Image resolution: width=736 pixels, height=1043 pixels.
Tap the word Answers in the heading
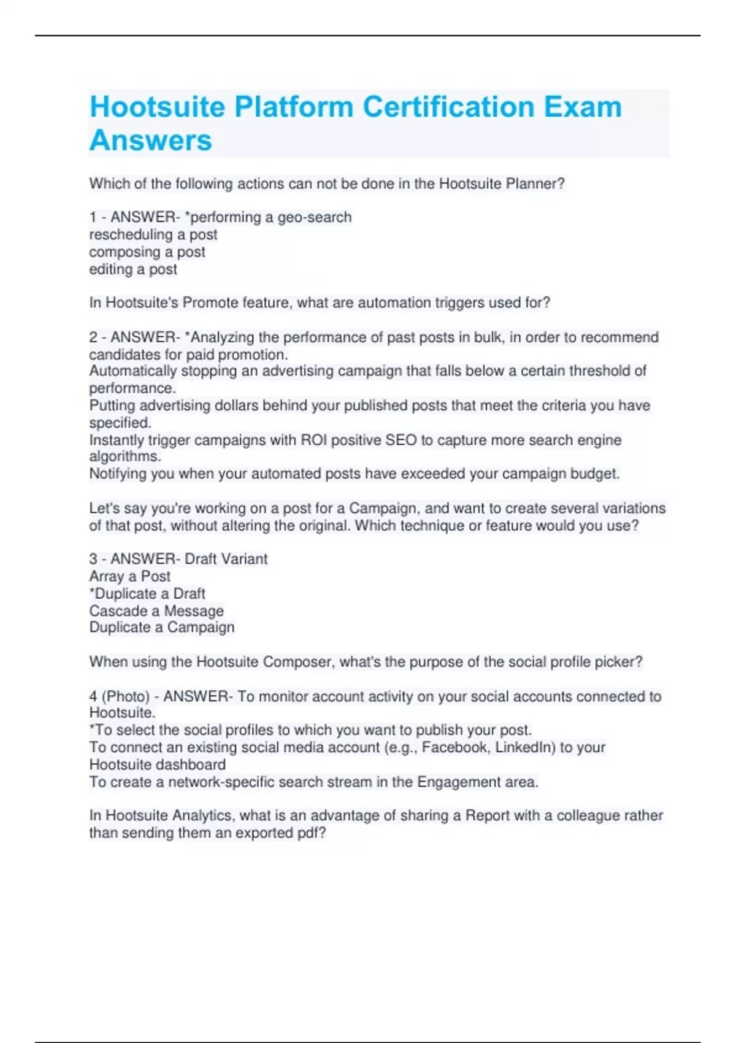151,140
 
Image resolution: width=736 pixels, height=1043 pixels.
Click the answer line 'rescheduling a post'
153,234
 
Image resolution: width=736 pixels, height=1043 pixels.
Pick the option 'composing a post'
147,252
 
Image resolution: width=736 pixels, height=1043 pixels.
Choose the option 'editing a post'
133,269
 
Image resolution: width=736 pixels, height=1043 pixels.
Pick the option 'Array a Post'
130,576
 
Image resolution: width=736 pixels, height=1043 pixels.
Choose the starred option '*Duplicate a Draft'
147,593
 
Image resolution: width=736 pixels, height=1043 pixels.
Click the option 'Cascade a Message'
156,610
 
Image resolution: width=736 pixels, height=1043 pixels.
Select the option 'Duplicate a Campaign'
162,627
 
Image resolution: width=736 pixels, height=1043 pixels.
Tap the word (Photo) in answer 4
126,696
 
